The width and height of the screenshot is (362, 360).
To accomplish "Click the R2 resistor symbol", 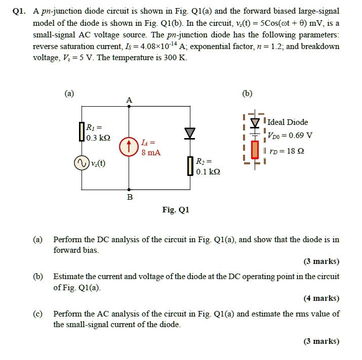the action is (x=190, y=166).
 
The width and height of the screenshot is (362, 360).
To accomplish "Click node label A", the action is (x=129, y=100).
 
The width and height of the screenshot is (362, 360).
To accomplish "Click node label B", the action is (x=129, y=197).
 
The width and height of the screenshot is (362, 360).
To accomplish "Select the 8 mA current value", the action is (x=151, y=152).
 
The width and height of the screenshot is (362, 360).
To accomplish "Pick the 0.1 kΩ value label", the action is (x=208, y=171).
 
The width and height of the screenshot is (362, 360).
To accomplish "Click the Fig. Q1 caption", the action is (x=175, y=209).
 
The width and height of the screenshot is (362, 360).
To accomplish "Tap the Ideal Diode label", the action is (x=287, y=122).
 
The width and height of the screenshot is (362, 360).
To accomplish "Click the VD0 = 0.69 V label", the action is (x=290, y=136).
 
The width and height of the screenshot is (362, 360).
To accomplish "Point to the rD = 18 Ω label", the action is (x=288, y=151).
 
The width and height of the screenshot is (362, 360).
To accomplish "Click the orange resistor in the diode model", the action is (x=255, y=149).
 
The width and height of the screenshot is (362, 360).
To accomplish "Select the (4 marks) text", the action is (x=321, y=298).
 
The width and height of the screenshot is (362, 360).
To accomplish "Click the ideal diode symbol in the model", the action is (x=255, y=122).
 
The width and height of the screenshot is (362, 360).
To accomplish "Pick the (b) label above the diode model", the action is (x=248, y=93).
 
